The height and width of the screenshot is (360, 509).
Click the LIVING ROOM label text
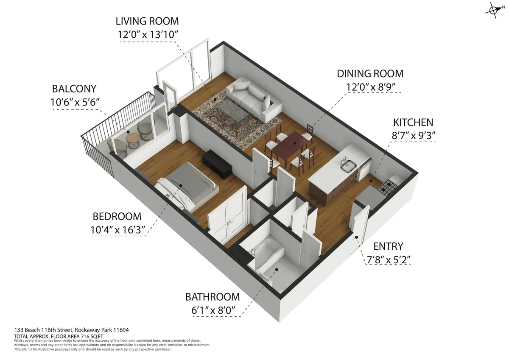click(148, 21)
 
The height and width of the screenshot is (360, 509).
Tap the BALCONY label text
click(74, 89)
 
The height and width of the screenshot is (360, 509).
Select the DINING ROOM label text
click(370, 74)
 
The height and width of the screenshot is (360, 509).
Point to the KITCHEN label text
click(413, 123)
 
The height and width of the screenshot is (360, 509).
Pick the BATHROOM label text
click(212, 297)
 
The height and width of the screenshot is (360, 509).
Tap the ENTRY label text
click(388, 246)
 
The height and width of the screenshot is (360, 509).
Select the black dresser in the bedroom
click(217, 163)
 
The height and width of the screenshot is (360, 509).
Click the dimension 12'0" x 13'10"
click(148, 35)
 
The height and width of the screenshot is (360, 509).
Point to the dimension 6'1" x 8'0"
click(212, 310)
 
